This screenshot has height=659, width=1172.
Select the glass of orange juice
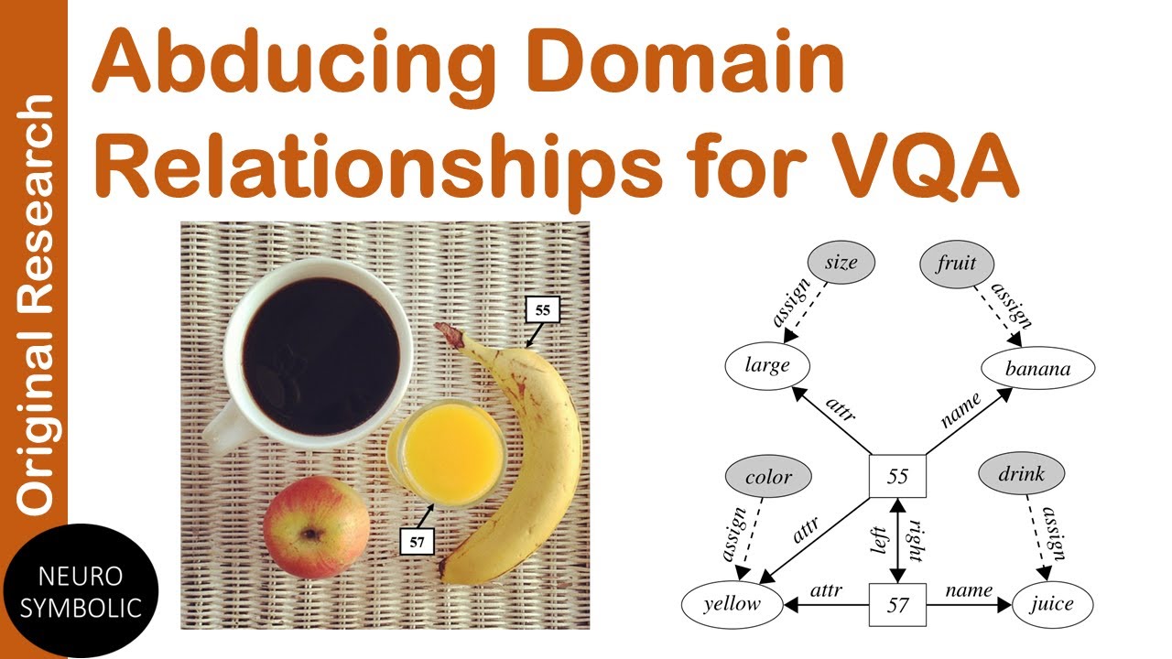click(446, 455)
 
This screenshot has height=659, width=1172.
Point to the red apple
click(316, 527)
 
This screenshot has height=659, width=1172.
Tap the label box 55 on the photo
click(542, 309)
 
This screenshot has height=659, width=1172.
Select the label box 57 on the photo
click(418, 540)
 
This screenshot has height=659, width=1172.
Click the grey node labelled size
click(841, 263)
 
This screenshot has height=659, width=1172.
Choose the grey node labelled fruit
click(956, 263)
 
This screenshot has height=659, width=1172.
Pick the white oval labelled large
click(767, 366)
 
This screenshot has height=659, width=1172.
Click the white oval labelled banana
click(1037, 370)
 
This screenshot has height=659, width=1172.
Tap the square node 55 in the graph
click(897, 475)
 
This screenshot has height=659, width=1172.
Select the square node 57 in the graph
click(897, 604)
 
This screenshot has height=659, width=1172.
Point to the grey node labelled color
click(768, 476)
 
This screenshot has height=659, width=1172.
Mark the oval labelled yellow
click(732, 604)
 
